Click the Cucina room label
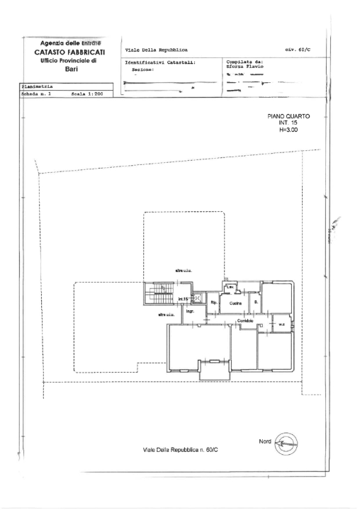[x=235, y=304]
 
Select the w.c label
[x=281, y=326]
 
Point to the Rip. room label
[x=213, y=303]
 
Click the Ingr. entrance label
[x=190, y=312]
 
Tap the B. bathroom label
[x=256, y=302]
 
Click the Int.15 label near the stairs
[x=183, y=299]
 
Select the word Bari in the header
[x=71, y=70]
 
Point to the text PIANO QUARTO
[x=288, y=115]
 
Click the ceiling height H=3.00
[x=288, y=130]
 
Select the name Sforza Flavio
[x=244, y=66]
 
